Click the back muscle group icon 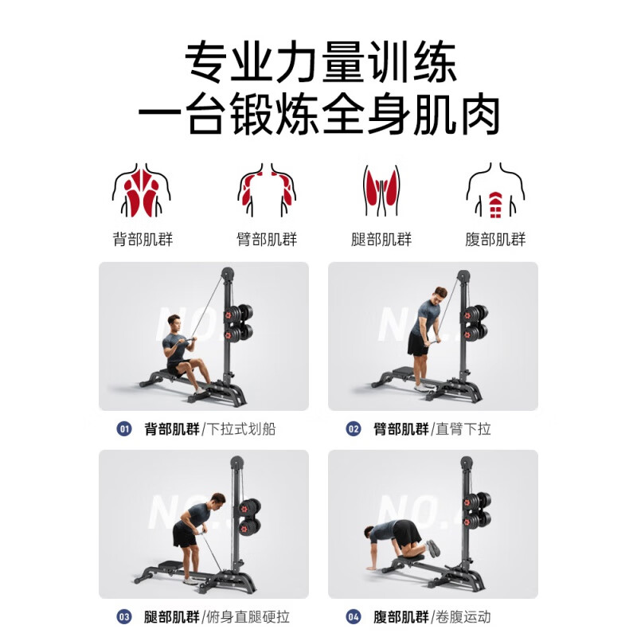[143, 192]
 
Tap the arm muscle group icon [267, 192]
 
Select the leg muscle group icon [381, 192]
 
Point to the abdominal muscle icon [495, 192]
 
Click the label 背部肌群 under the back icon [143, 240]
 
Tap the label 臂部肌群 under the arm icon [267, 240]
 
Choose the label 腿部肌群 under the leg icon [381, 240]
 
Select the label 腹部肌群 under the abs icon [495, 240]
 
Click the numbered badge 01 [124, 429]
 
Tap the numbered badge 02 [354, 429]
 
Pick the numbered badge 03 [124, 616]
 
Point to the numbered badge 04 [354, 616]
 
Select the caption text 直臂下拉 [463, 429]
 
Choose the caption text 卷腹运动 [463, 616]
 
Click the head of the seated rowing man [174, 322]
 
